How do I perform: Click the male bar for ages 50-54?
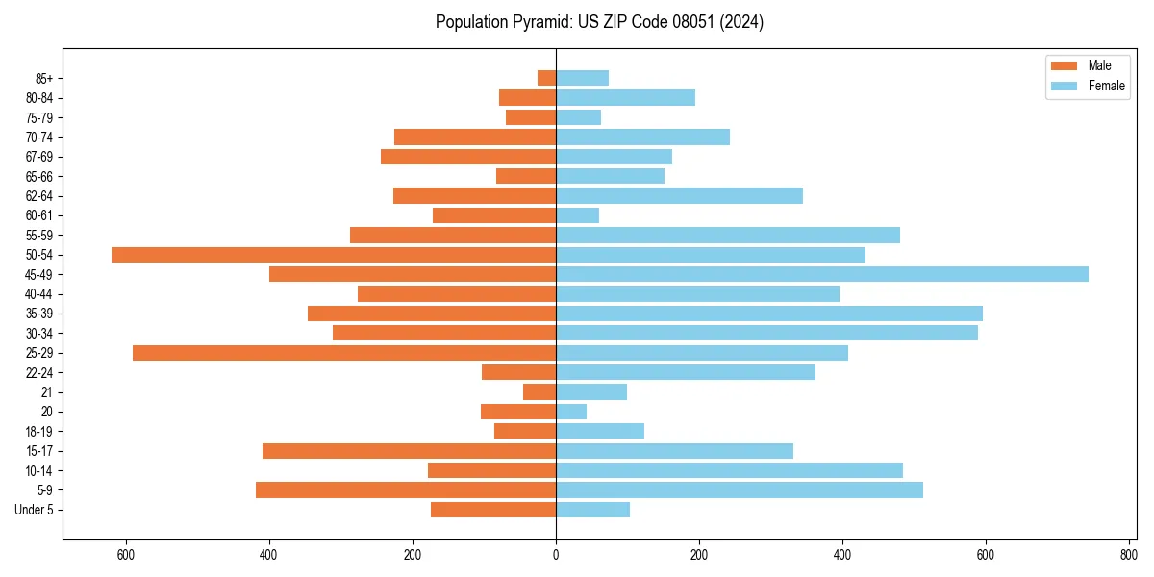tap(334, 255)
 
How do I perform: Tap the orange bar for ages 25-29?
tap(344, 353)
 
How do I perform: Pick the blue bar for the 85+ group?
tap(582, 78)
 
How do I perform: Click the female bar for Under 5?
tap(592, 510)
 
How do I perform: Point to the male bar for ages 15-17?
tap(409, 451)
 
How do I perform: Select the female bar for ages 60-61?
tap(577, 215)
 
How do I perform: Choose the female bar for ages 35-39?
tap(769, 314)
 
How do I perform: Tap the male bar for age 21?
tap(539, 392)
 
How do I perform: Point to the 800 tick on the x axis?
tap(1129, 554)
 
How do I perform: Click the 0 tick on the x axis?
tap(556, 554)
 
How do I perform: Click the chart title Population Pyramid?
tap(599, 22)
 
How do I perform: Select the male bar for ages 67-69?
tap(468, 157)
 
